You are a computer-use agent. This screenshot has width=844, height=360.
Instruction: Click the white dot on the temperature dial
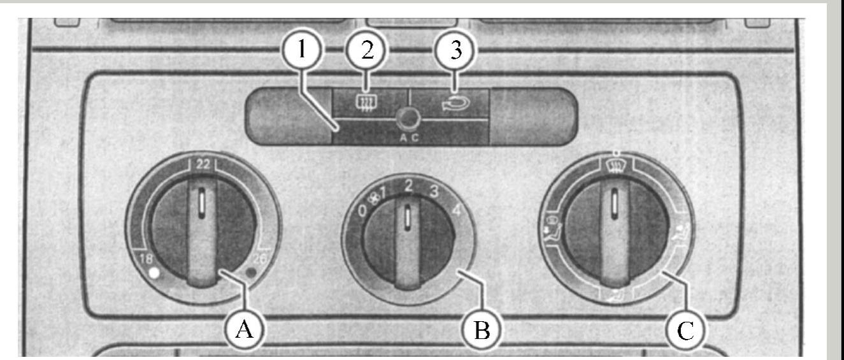(152, 274)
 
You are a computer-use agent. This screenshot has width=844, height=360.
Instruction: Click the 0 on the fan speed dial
(362, 211)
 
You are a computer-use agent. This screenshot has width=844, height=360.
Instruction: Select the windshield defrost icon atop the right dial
(615, 166)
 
